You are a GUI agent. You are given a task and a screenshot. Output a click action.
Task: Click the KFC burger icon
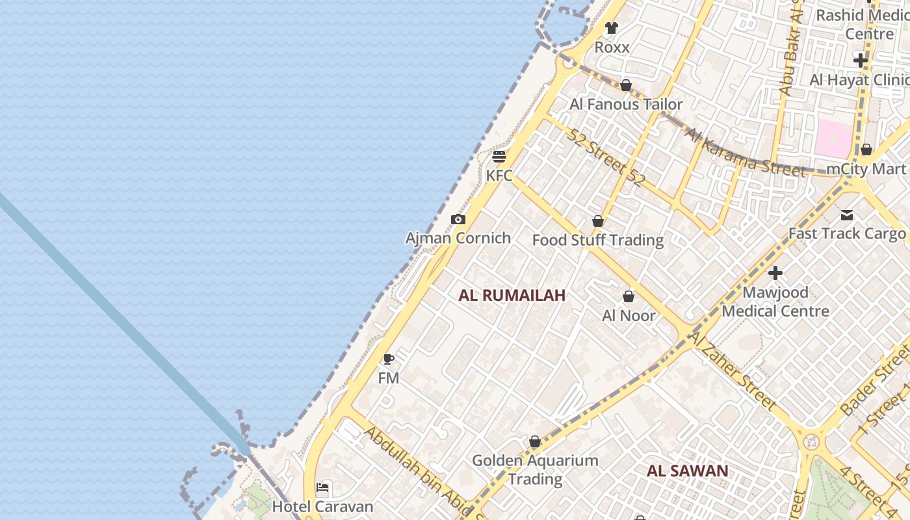499,157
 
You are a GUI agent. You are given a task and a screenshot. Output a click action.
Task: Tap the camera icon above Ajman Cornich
458,220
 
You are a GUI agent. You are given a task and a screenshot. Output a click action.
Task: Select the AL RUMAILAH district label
512,295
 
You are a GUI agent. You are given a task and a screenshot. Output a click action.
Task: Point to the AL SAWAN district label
687,471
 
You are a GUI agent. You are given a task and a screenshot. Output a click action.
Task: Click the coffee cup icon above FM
389,359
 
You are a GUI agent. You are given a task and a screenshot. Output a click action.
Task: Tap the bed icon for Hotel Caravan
322,487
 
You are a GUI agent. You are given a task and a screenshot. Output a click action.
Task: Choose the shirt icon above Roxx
611,28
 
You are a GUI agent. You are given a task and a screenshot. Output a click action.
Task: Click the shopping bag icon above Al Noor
629,297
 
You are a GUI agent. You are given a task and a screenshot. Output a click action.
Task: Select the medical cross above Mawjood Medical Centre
775,273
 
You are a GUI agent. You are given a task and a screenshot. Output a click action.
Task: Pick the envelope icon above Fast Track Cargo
847,215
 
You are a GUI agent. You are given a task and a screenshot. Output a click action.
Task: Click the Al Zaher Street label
733,371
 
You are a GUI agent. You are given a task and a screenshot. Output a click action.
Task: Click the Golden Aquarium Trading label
535,469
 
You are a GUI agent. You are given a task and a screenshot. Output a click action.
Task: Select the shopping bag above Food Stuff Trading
598,222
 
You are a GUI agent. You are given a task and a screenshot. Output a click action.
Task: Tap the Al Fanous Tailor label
626,104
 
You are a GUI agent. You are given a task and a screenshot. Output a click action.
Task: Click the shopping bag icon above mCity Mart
866,150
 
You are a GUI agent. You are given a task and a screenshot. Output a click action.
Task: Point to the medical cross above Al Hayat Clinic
861,60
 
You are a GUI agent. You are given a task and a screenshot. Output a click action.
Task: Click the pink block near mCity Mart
833,138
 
